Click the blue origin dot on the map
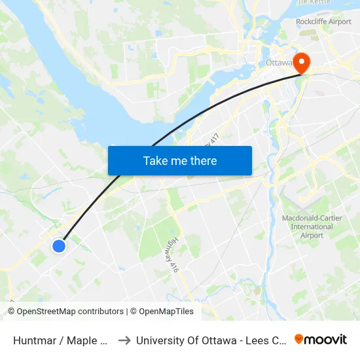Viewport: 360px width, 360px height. [x=59, y=246]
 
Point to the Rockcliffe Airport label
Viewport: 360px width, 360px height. [x=323, y=22]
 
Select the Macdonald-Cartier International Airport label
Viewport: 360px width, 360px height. [x=312, y=226]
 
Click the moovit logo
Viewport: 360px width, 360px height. [x=321, y=339]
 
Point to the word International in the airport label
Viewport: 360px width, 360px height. [x=312, y=227]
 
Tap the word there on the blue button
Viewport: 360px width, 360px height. [x=202, y=160]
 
